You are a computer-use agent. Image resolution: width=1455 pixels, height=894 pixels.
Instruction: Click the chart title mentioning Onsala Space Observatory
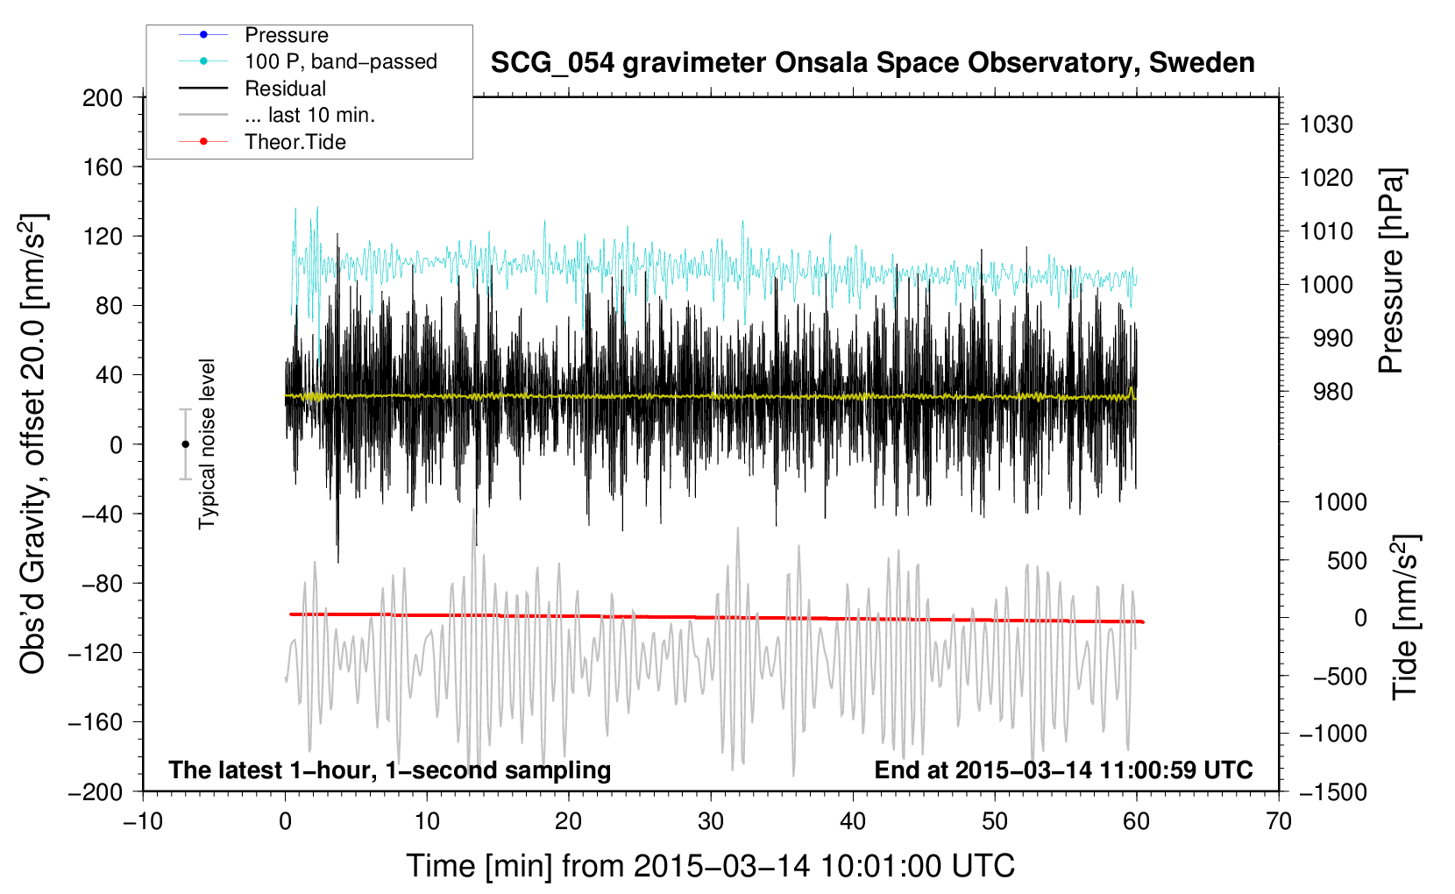[872, 63]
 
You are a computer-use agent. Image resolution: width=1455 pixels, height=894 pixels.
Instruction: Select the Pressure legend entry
[286, 35]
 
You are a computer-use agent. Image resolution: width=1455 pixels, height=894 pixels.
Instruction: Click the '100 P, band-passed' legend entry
[340, 61]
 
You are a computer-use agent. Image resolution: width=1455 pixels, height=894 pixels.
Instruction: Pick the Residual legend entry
[285, 89]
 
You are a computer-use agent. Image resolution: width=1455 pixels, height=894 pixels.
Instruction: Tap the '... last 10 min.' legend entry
[309, 115]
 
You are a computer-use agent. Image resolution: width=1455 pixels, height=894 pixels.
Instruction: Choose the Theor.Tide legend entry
[295, 142]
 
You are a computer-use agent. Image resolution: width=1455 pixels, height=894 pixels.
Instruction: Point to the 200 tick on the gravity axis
[103, 97]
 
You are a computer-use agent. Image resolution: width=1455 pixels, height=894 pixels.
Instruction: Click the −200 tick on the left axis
[96, 791]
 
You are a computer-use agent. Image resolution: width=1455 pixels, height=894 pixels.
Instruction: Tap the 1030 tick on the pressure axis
[1326, 124]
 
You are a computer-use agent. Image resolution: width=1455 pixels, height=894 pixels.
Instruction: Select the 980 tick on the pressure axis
[1326, 392]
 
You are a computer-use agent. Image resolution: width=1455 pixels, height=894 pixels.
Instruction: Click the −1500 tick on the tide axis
[1332, 791]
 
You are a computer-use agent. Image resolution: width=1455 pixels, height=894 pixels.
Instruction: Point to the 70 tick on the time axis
[1279, 821]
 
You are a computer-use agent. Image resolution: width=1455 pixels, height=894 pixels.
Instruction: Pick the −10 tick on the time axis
[143, 821]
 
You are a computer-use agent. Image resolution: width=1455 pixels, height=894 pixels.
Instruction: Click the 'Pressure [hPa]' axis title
[1391, 271]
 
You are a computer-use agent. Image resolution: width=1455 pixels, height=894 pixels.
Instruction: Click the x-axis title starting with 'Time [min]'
[710, 866]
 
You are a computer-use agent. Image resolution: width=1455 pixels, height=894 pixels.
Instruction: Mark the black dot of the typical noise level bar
[185, 444]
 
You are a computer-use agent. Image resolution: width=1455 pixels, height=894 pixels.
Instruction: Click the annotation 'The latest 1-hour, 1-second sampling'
[389, 770]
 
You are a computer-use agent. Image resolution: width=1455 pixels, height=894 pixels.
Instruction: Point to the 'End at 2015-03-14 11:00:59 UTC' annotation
[1063, 770]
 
